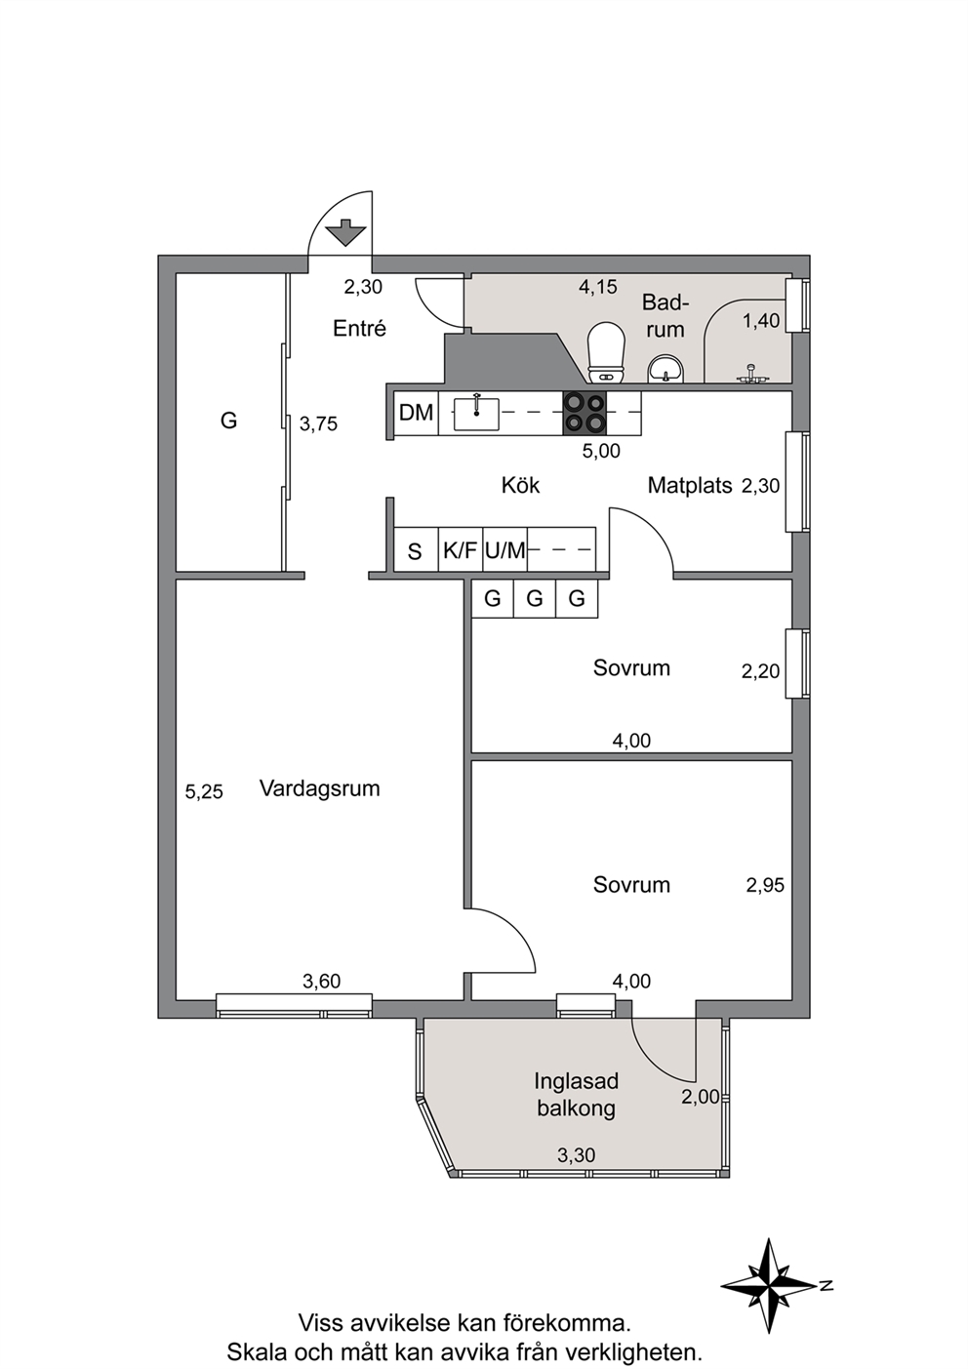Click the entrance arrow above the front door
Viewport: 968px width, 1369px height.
pyautogui.click(x=345, y=232)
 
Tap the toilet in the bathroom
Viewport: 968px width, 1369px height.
pyautogui.click(x=606, y=352)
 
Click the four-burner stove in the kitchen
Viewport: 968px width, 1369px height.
pyautogui.click(x=585, y=413)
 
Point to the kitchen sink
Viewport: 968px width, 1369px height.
pyautogui.click(x=476, y=413)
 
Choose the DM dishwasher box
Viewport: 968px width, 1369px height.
pyautogui.click(x=416, y=413)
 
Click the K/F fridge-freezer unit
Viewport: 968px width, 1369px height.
pyautogui.click(x=461, y=550)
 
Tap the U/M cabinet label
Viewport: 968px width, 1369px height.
pyautogui.click(x=505, y=550)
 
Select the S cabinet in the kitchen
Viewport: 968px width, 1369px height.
pyautogui.click(x=416, y=550)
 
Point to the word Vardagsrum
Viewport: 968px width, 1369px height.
pyautogui.click(x=320, y=787)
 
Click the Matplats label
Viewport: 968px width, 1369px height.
pyautogui.click(x=690, y=485)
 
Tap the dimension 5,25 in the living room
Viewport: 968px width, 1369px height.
pyautogui.click(x=204, y=792)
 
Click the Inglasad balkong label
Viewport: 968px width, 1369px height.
pyautogui.click(x=577, y=1095)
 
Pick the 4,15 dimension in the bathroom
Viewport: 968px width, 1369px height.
pyautogui.click(x=598, y=287)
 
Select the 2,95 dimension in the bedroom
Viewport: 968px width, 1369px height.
pyautogui.click(x=765, y=884)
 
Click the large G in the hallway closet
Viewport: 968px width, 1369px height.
pyautogui.click(x=228, y=421)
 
